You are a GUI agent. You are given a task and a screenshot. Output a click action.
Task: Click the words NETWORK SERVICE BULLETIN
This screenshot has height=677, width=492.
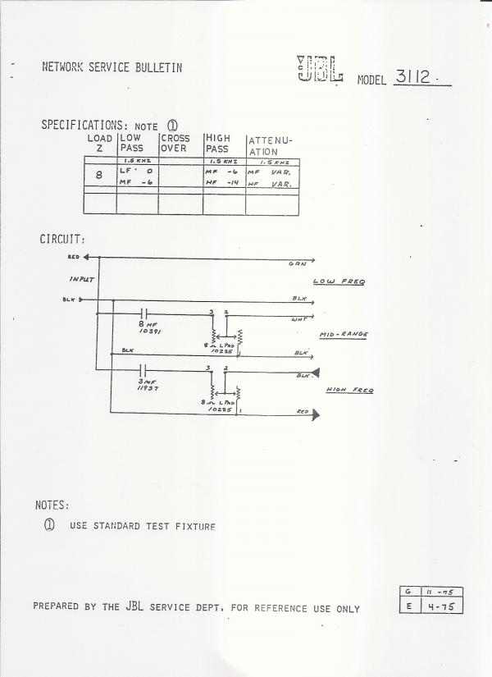click(x=112, y=67)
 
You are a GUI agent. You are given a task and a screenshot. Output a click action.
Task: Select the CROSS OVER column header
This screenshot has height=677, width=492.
click(x=174, y=143)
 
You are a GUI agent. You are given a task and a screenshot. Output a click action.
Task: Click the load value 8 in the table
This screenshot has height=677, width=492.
click(x=99, y=175)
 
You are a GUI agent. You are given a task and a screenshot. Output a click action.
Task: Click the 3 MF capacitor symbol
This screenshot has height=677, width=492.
click(x=145, y=369)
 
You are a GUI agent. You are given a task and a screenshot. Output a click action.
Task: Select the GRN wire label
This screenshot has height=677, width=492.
click(x=296, y=264)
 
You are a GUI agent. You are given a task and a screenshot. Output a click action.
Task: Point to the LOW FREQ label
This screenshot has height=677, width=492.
click(x=339, y=282)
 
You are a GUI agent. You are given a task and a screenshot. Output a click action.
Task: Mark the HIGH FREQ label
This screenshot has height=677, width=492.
click(x=350, y=390)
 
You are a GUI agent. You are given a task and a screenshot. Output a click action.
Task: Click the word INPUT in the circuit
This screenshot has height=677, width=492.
click(x=82, y=279)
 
